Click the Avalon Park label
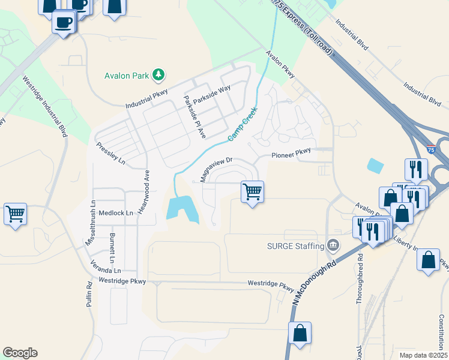(126, 76)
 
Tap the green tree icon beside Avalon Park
(158, 74)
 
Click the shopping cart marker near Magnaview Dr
(252, 193)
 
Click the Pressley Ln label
(110, 154)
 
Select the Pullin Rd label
(88, 294)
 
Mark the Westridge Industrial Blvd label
(46, 106)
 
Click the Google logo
(20, 353)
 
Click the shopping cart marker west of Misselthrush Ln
(15, 214)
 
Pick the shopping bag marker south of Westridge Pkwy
(300, 333)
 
